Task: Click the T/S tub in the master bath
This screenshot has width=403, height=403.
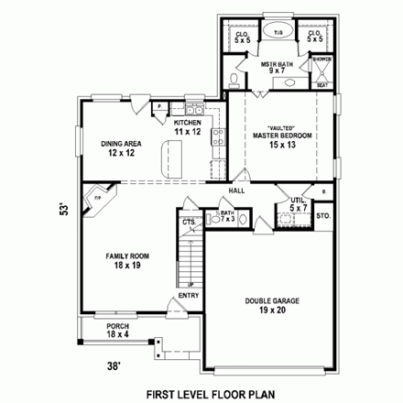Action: coord(278,33)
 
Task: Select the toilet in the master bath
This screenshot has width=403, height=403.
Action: coord(235,81)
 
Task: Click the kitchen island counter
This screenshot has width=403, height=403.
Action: coord(171,161)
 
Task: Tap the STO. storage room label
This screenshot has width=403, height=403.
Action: coord(322,217)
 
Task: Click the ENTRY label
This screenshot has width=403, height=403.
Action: coord(188,294)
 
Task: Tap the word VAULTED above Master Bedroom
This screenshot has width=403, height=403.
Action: coord(280,127)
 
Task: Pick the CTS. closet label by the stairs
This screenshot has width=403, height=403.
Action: coord(188,222)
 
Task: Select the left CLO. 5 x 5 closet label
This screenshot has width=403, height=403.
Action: coord(242,37)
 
